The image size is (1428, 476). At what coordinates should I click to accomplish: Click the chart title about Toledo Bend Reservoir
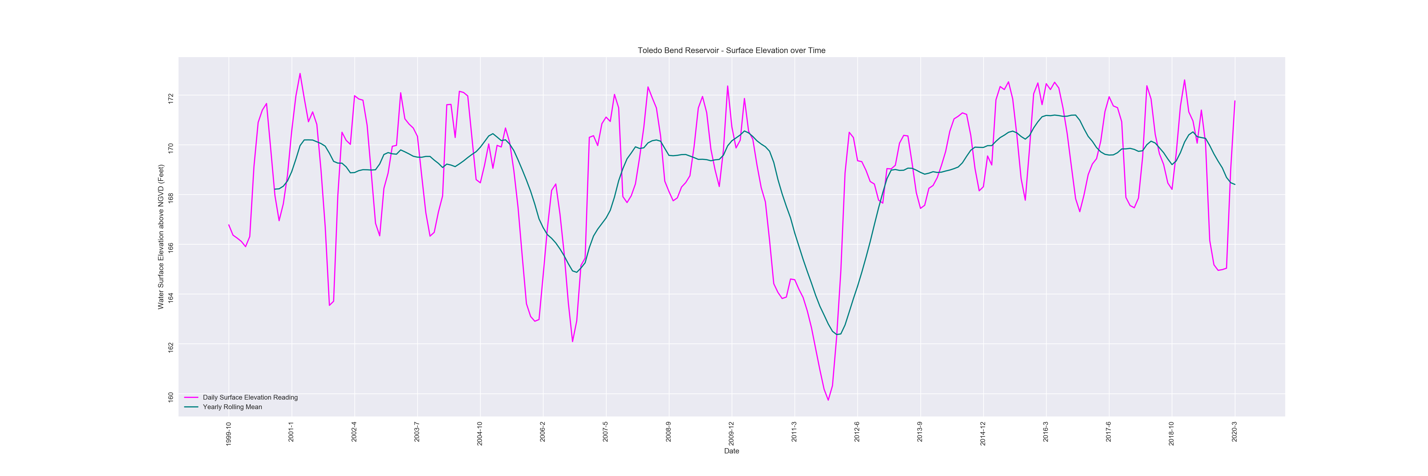click(731, 50)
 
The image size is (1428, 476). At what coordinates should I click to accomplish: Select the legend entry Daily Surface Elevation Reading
click(250, 397)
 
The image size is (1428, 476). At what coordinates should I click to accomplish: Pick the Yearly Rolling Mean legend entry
click(232, 407)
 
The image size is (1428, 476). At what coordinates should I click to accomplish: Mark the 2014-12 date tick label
click(983, 433)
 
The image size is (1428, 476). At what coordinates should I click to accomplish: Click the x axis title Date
click(731, 451)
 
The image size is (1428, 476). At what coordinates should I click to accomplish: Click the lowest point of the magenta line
click(828, 400)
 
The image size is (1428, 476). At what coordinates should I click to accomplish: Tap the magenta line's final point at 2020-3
click(1235, 101)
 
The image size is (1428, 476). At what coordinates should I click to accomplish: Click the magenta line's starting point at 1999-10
click(228, 224)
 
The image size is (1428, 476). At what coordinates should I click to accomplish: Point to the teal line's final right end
click(1235, 184)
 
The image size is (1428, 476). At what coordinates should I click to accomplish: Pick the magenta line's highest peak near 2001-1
click(300, 73)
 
